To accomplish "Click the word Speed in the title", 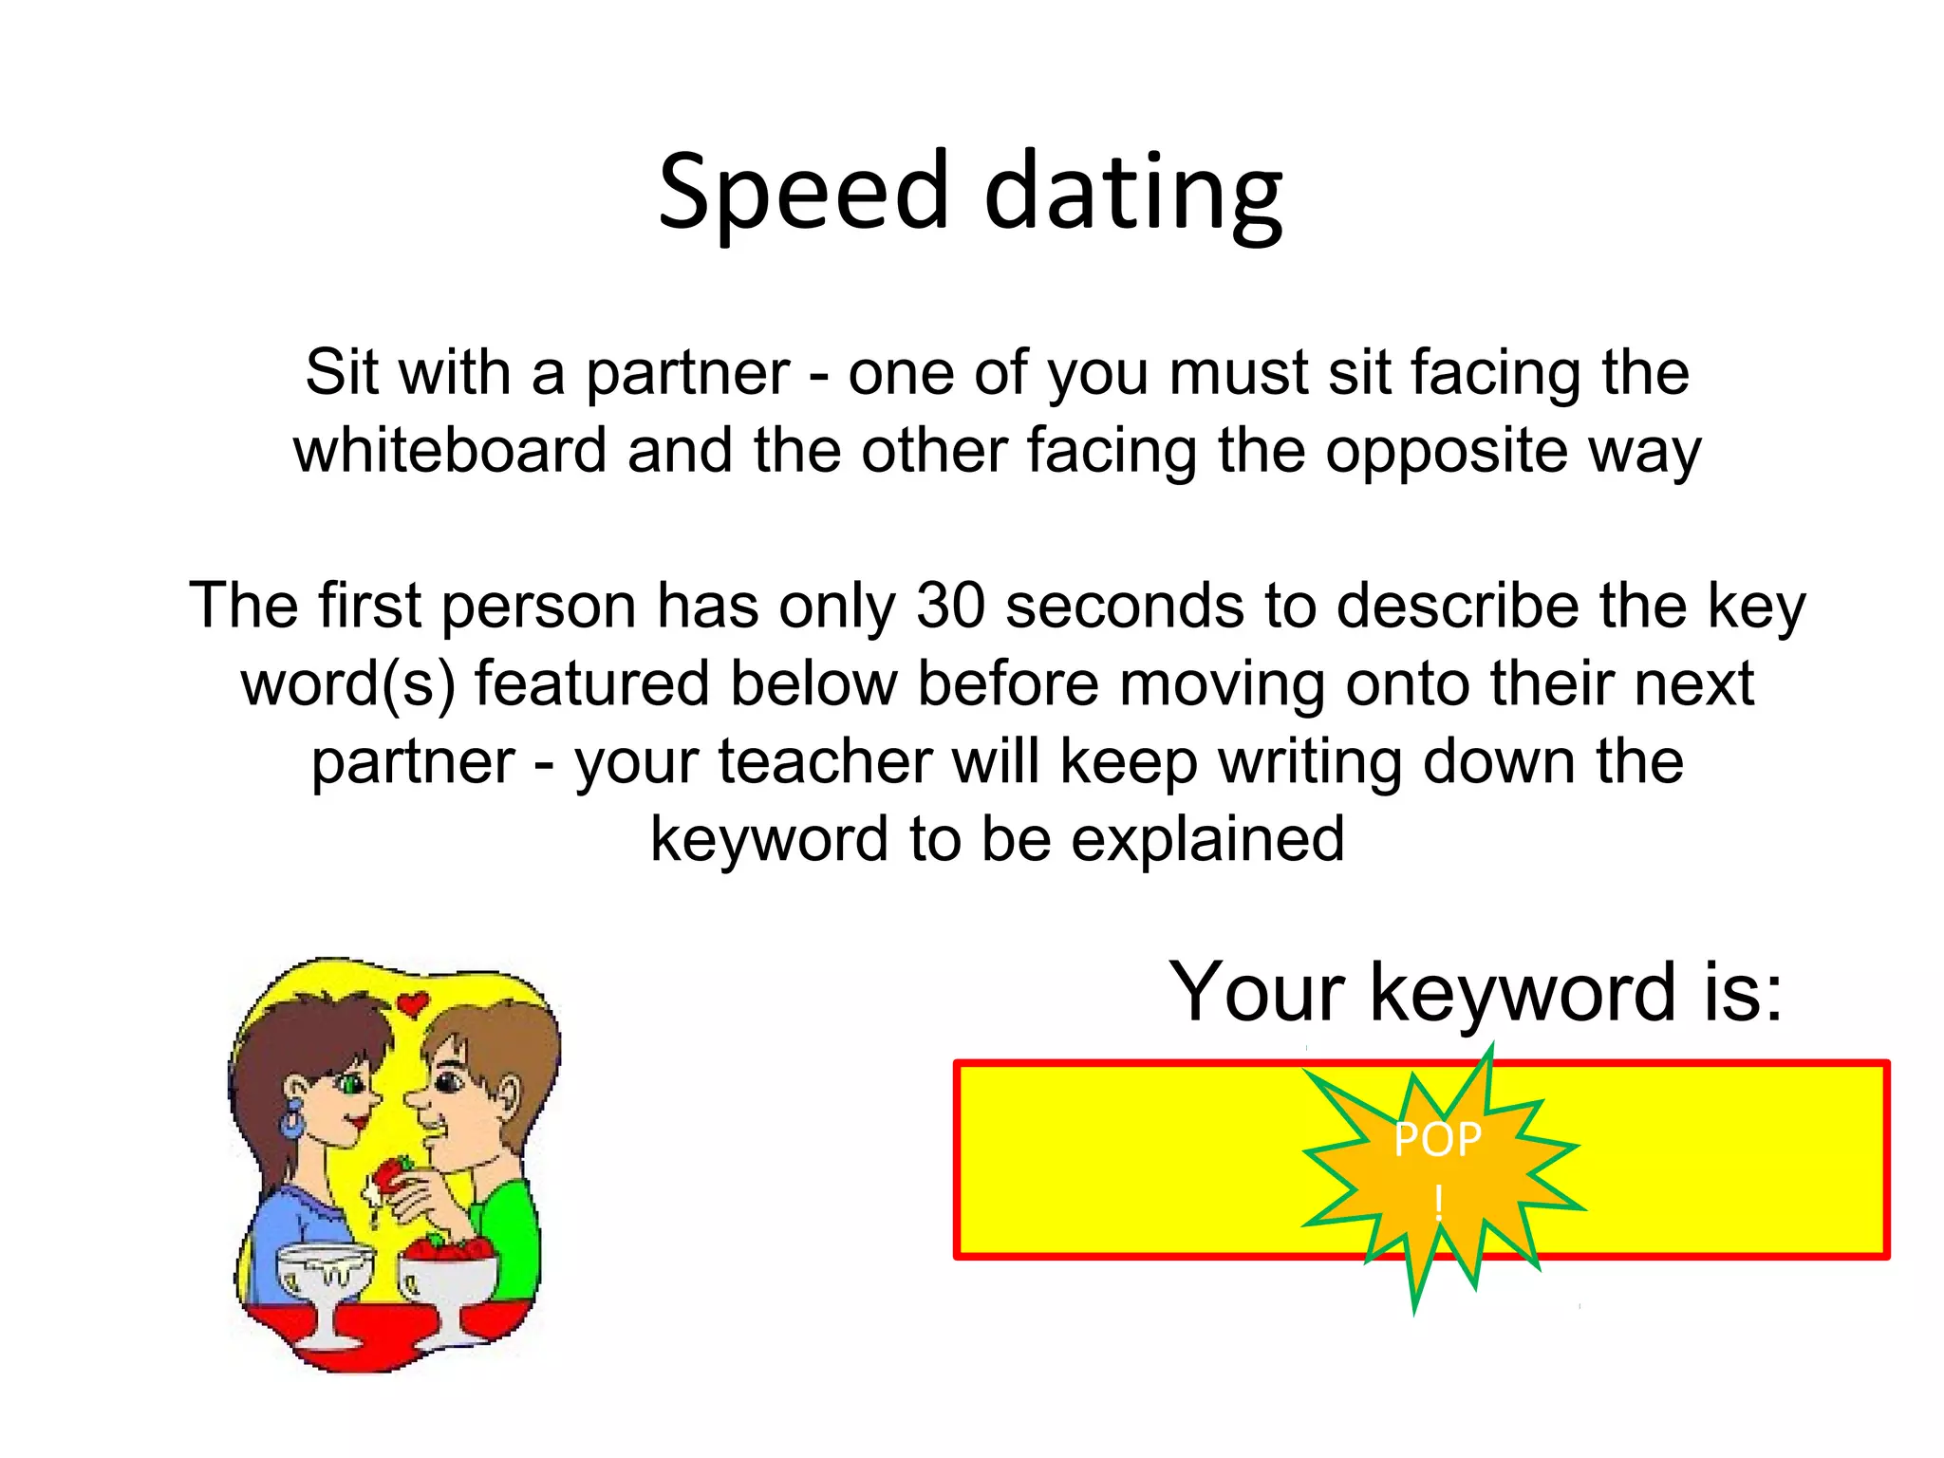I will pos(803,193).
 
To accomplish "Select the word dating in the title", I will pos(1133,195).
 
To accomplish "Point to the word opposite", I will pos(1447,452).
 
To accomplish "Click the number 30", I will pos(950,606).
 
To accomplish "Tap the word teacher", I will pos(825,761).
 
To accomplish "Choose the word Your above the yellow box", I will pos(1257,992).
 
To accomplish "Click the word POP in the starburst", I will pos(1437,1139).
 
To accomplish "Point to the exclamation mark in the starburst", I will pos(1439,1202).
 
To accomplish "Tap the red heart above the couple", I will pos(412,1002).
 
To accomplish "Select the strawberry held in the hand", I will pos(391,1178).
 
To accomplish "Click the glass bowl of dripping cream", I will pos(325,1272).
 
